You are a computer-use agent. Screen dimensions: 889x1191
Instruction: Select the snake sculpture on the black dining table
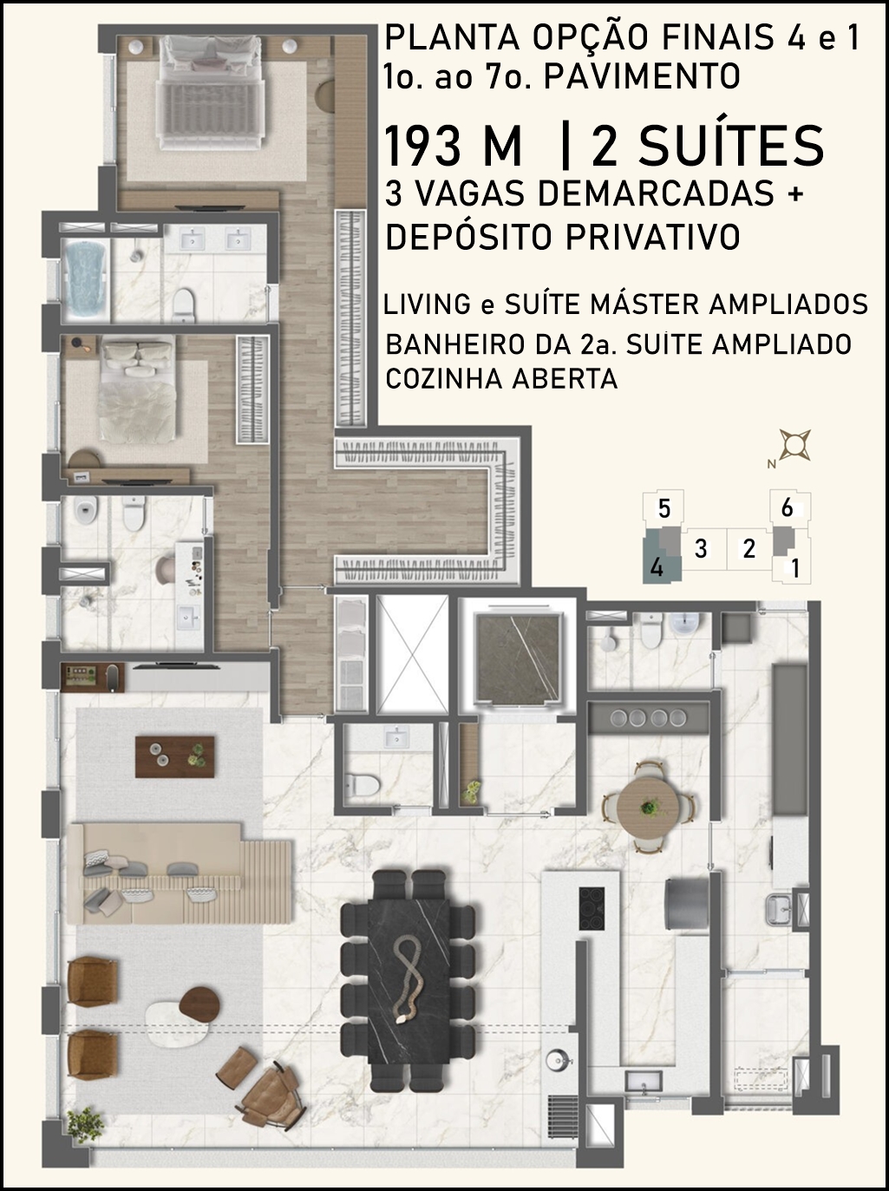coord(410,981)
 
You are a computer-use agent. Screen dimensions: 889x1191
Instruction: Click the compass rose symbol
coord(794,445)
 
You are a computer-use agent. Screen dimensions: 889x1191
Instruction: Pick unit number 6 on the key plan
coord(787,507)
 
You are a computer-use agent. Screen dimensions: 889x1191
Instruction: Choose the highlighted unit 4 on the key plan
coord(657,569)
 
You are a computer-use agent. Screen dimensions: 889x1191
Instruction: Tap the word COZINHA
coord(444,379)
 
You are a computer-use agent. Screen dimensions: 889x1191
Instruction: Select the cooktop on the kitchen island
coord(592,910)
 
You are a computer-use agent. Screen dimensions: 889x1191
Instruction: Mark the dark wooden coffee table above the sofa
coord(174,756)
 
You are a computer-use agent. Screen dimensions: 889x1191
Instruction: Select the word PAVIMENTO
coord(642,76)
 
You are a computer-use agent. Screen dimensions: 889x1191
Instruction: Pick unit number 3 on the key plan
coord(701,549)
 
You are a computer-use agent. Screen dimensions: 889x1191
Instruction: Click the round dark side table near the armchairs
coord(199,1000)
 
